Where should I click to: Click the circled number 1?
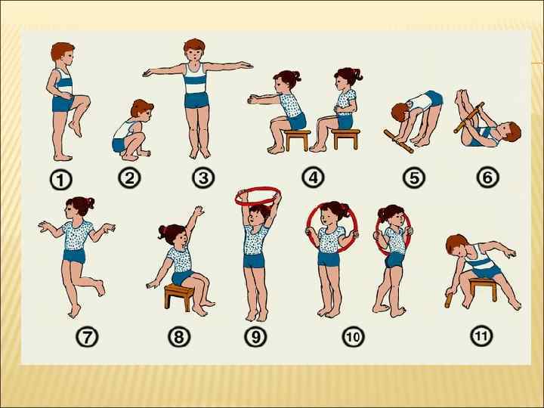(x=60, y=181)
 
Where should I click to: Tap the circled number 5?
(x=414, y=178)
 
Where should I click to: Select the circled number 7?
(x=87, y=336)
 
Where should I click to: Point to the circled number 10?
(x=353, y=336)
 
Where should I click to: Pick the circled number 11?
(x=481, y=335)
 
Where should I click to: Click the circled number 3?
(x=203, y=178)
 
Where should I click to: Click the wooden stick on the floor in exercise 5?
(x=399, y=141)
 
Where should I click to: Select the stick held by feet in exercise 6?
(x=469, y=118)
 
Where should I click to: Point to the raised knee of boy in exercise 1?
(x=85, y=100)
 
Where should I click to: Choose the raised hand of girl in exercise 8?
(x=199, y=211)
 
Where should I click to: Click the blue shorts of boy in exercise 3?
(x=196, y=100)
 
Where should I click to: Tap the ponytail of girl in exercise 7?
(x=90, y=202)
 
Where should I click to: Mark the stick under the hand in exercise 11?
(x=449, y=300)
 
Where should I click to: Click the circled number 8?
(x=179, y=336)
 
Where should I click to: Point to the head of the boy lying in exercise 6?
(x=510, y=131)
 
